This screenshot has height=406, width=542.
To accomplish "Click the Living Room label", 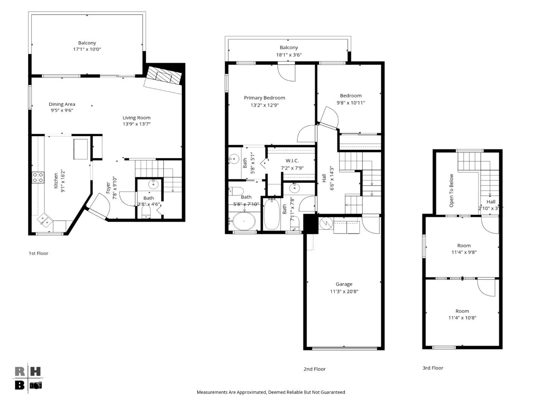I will tap(136, 118).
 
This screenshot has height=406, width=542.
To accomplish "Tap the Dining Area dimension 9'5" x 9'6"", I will tap(62, 111).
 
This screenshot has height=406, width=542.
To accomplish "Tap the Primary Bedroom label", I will tap(264, 98).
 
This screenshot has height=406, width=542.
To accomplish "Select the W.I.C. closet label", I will tap(292, 161).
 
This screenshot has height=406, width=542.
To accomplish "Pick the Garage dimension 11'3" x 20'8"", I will tap(344, 291).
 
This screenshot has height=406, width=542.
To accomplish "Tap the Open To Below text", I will tap(451, 190).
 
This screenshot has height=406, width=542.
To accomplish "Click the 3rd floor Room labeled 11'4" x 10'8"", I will tap(462, 314).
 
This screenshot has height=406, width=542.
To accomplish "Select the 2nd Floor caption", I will tap(315, 369).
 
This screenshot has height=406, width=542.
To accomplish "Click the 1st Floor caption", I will tap(38, 253).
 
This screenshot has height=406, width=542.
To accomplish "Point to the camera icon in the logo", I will tap(36, 385).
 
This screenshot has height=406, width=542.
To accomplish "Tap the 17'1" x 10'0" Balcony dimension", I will tap(87, 49).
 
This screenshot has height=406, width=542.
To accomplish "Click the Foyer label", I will tap(108, 188).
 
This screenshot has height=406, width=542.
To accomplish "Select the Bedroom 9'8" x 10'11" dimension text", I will tap(351, 103).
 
